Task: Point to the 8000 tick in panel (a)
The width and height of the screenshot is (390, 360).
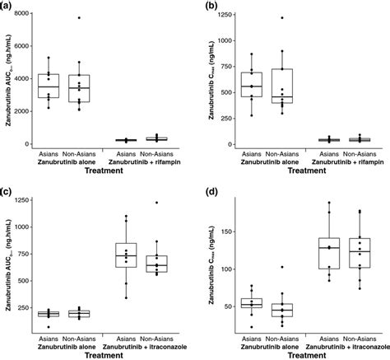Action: pyautogui.click(x=29, y=14)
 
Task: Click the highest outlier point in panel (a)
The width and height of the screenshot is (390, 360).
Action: pyautogui.click(x=79, y=17)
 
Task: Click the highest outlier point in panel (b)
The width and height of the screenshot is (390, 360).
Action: pyautogui.click(x=281, y=17)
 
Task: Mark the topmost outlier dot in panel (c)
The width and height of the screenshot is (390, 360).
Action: pyautogui.click(x=152, y=202)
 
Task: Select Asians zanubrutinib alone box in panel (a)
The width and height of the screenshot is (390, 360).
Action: pyautogui.click(x=49, y=86)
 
